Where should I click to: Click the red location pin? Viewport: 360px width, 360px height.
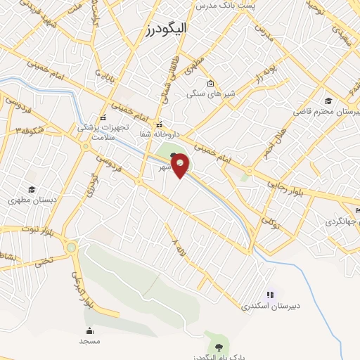pos(181,165)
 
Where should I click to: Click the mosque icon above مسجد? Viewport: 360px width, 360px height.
pos(89,331)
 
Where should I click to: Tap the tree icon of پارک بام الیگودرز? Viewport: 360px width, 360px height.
pos(219,346)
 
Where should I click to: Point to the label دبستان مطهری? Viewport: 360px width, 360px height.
pos(30,200)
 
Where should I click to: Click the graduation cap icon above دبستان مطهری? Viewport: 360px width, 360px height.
pos(31,189)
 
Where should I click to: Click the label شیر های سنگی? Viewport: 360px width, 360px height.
pos(207,93)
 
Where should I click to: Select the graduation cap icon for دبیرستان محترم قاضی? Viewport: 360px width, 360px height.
pos(328,101)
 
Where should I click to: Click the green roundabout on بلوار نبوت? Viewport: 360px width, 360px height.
pos(71,247)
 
